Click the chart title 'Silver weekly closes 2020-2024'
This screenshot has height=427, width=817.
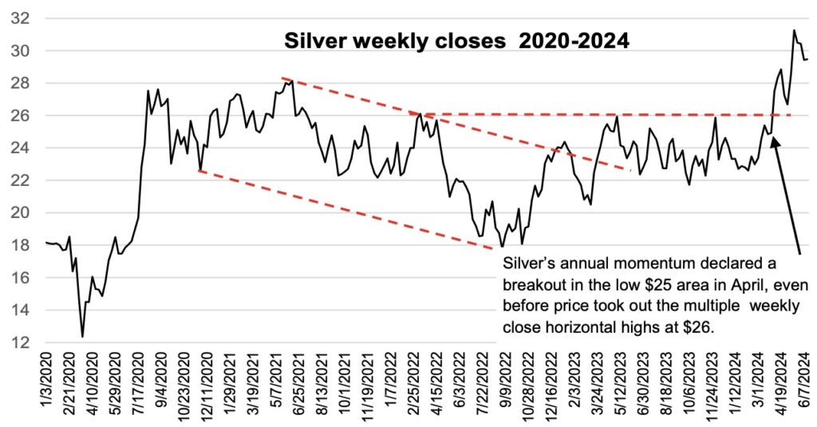pyautogui.click(x=457, y=40)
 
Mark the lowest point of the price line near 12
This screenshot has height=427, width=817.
pyautogui.click(x=82, y=337)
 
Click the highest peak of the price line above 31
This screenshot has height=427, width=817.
pyautogui.click(x=794, y=30)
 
